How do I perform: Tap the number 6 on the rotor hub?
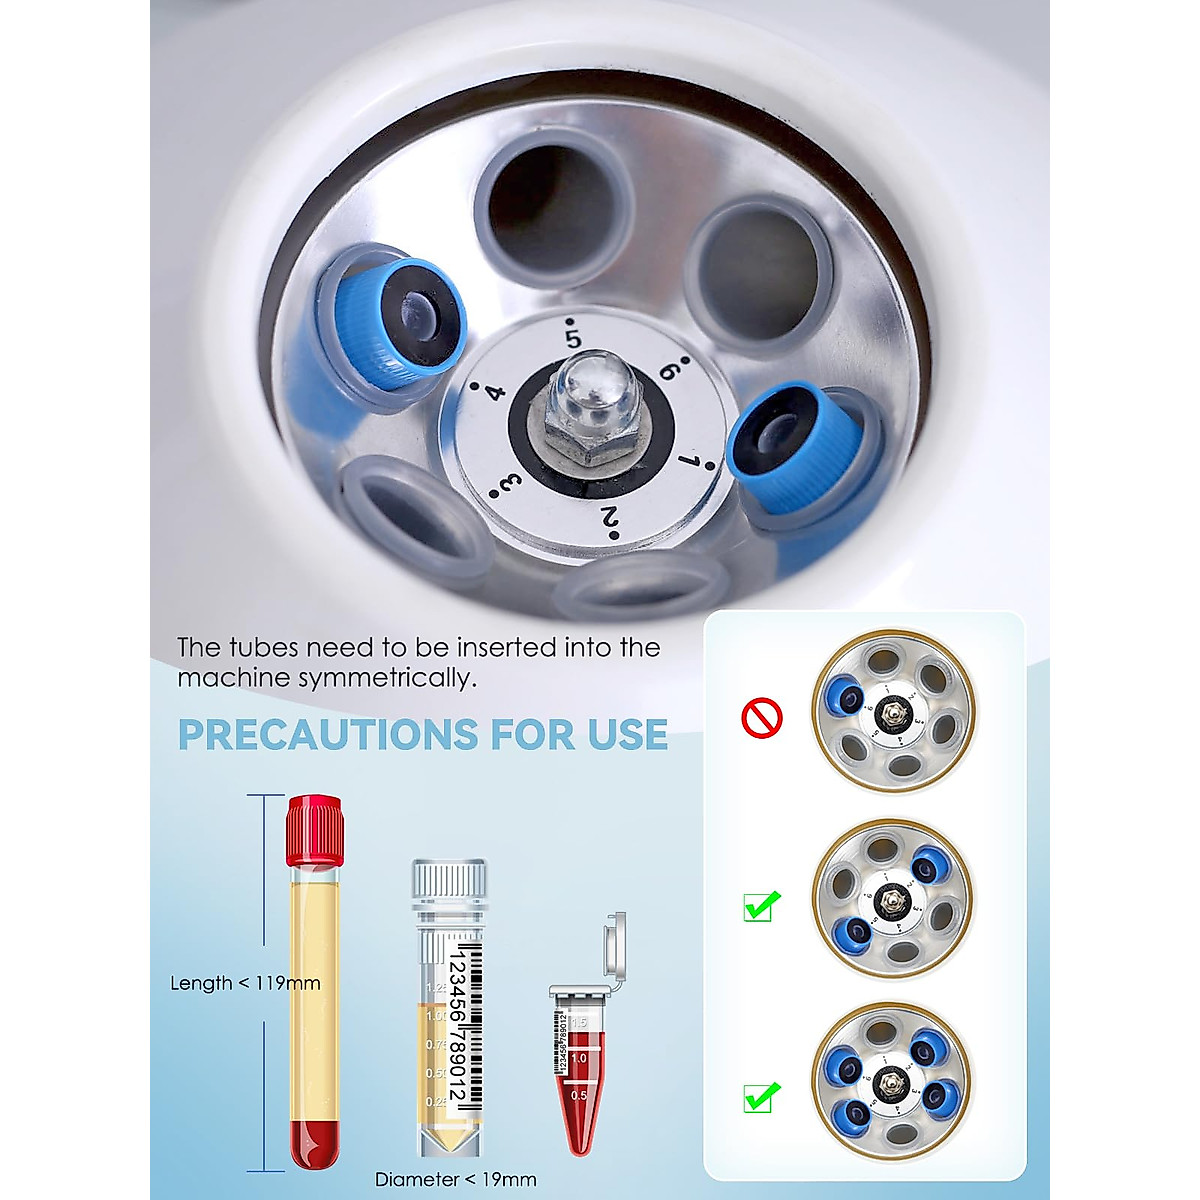tap(670, 370)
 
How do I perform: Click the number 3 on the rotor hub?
tap(510, 485)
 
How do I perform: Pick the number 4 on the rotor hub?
tap(495, 391)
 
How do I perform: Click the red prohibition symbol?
tap(761, 717)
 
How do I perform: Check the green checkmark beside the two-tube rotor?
tap(762, 906)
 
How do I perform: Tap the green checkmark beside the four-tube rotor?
tap(762, 1096)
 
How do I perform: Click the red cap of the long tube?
tap(314, 830)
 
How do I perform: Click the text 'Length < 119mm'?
tap(245, 983)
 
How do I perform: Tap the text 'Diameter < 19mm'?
tap(455, 1179)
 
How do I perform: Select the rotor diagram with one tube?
tap(892, 711)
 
